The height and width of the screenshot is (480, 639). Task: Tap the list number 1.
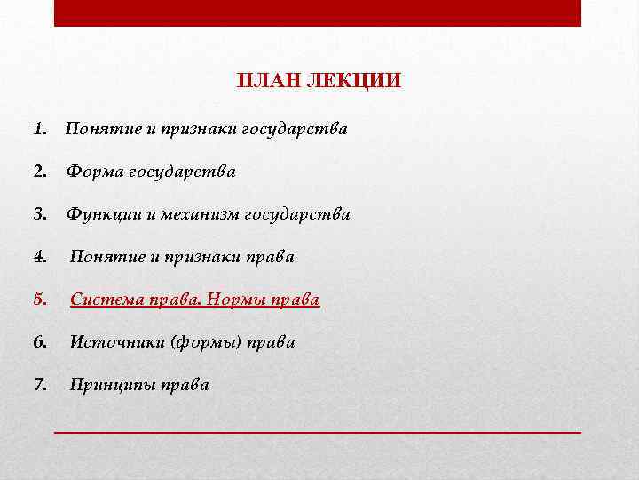pos(39,129)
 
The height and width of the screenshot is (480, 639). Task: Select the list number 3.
pos(39,214)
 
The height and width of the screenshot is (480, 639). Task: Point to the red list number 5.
pos(39,300)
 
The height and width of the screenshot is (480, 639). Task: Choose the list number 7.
pos(39,385)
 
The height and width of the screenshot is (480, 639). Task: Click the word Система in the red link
pos(104,300)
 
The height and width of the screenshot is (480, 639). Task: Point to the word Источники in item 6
pos(110,342)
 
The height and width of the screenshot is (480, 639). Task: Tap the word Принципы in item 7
pos(110,385)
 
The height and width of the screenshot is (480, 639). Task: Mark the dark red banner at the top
pos(318,12)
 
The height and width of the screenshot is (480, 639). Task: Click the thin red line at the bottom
pos(318,430)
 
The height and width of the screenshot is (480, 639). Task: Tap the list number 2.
pos(39,172)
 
